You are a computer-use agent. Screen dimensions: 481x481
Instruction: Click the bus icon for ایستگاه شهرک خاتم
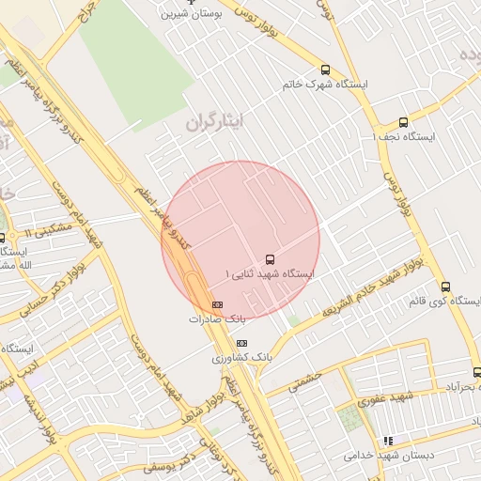(325, 70)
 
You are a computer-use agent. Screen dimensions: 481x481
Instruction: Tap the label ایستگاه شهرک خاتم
(325, 85)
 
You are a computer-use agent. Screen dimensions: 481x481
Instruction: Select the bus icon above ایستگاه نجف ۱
(403, 122)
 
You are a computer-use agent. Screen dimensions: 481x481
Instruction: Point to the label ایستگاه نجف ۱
(405, 137)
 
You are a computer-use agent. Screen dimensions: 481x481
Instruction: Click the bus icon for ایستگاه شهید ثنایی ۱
(271, 257)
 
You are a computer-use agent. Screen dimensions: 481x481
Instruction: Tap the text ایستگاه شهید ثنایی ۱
(270, 273)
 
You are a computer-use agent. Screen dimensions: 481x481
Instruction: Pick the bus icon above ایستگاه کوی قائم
(445, 287)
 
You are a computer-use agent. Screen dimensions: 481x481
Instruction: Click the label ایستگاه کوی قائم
(444, 302)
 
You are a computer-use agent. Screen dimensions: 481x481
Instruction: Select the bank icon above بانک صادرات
(217, 304)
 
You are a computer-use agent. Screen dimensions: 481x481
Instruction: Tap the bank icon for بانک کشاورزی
(241, 343)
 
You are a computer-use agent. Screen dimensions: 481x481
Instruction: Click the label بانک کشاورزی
(241, 358)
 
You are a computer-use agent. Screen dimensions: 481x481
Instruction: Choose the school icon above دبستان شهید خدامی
(387, 440)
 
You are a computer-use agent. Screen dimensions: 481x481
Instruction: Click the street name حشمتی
(305, 380)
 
